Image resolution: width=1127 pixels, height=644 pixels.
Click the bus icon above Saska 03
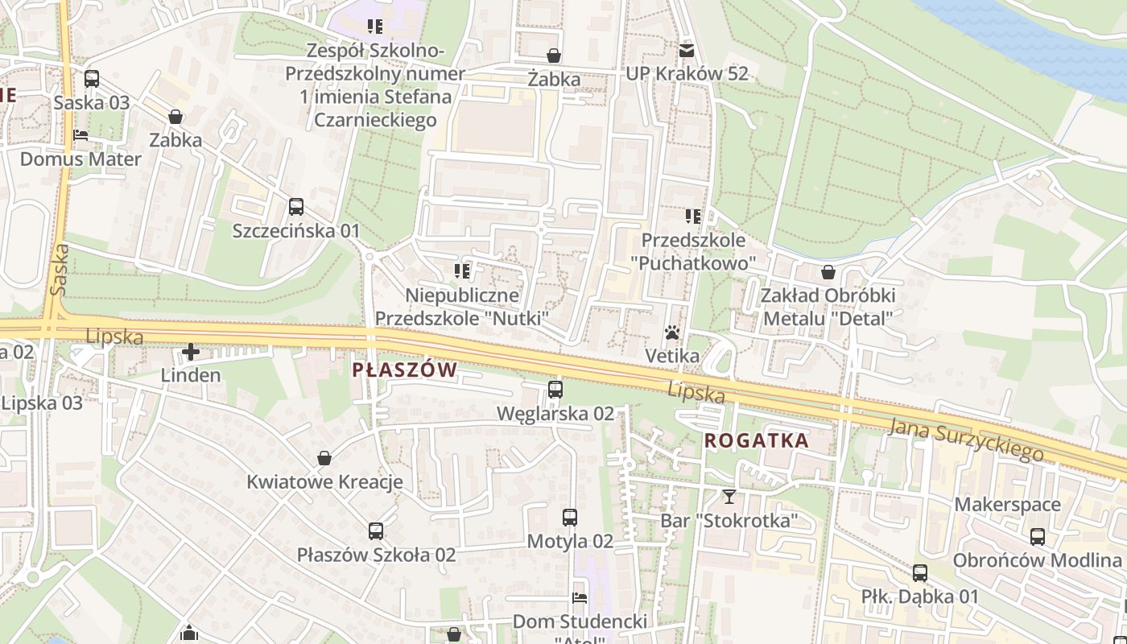pyautogui.click(x=92, y=79)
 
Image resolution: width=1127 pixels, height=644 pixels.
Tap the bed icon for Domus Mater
pyautogui.click(x=80, y=134)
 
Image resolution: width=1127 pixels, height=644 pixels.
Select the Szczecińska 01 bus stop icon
pyautogui.click(x=296, y=207)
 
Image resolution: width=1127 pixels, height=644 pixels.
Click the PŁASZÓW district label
pyautogui.click(x=405, y=370)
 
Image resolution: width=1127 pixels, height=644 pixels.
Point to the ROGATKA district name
pyautogui.click(x=757, y=440)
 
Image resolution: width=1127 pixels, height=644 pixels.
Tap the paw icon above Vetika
pyautogui.click(x=671, y=332)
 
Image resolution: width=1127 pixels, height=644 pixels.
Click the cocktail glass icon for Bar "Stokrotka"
pyautogui.click(x=729, y=496)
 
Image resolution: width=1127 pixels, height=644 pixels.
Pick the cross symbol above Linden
pyautogui.click(x=191, y=352)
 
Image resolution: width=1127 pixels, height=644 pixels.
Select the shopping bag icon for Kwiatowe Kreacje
pyautogui.click(x=324, y=458)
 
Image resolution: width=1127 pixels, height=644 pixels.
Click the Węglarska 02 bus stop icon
pyautogui.click(x=555, y=390)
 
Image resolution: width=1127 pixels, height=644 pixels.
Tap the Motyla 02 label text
pyautogui.click(x=570, y=542)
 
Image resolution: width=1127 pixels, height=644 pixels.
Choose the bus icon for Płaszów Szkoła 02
pyautogui.click(x=376, y=531)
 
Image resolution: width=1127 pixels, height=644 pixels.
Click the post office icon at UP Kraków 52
pyautogui.click(x=687, y=50)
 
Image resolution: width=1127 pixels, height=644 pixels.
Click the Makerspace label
pyautogui.click(x=1008, y=505)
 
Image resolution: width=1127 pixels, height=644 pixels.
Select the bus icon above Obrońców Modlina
pyautogui.click(x=1038, y=536)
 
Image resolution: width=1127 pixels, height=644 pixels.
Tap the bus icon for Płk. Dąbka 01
pyautogui.click(x=920, y=573)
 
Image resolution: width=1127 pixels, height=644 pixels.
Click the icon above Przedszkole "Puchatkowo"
pyautogui.click(x=693, y=216)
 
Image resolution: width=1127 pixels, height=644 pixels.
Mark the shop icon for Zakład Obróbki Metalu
pyautogui.click(x=828, y=272)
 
